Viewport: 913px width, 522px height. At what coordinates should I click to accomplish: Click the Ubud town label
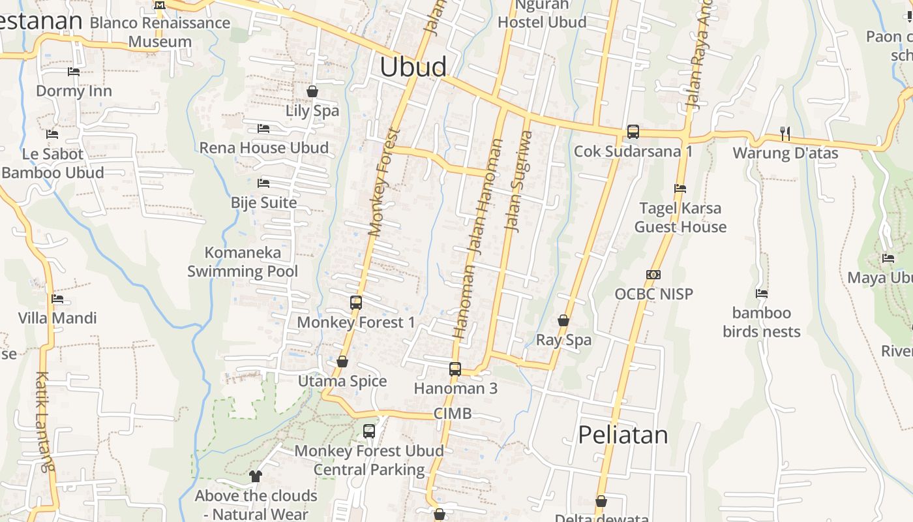(x=413, y=67)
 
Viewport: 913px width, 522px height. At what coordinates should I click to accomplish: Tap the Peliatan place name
(x=623, y=435)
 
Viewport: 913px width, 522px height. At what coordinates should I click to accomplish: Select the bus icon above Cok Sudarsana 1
(x=633, y=132)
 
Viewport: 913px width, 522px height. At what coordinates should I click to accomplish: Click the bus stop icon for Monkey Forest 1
(x=355, y=303)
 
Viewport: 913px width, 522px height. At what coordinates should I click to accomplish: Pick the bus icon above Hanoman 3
(x=455, y=369)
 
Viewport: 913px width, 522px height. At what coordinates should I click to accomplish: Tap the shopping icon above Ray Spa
(x=563, y=320)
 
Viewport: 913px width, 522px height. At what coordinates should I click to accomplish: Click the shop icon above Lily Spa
(x=312, y=91)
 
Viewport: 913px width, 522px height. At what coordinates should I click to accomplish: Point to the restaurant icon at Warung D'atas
(x=785, y=134)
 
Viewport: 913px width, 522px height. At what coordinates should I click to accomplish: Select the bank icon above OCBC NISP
(x=653, y=275)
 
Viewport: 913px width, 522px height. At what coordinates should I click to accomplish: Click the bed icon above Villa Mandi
(x=57, y=299)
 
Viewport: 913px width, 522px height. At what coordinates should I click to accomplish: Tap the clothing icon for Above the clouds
(x=255, y=476)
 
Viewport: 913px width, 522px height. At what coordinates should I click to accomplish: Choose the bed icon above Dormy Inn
(x=74, y=72)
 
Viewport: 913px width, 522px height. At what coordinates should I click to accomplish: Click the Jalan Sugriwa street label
(x=519, y=181)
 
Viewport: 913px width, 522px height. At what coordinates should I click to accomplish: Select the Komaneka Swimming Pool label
(x=243, y=262)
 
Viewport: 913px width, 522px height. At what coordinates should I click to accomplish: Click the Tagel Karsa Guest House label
(x=680, y=217)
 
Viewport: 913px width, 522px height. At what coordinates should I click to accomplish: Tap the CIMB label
(x=453, y=414)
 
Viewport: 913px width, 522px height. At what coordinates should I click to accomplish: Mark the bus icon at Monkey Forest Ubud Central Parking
(x=369, y=431)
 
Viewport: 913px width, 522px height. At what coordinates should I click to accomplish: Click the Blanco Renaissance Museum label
(x=160, y=32)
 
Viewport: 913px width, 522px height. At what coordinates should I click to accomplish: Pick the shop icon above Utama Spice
(x=342, y=361)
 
